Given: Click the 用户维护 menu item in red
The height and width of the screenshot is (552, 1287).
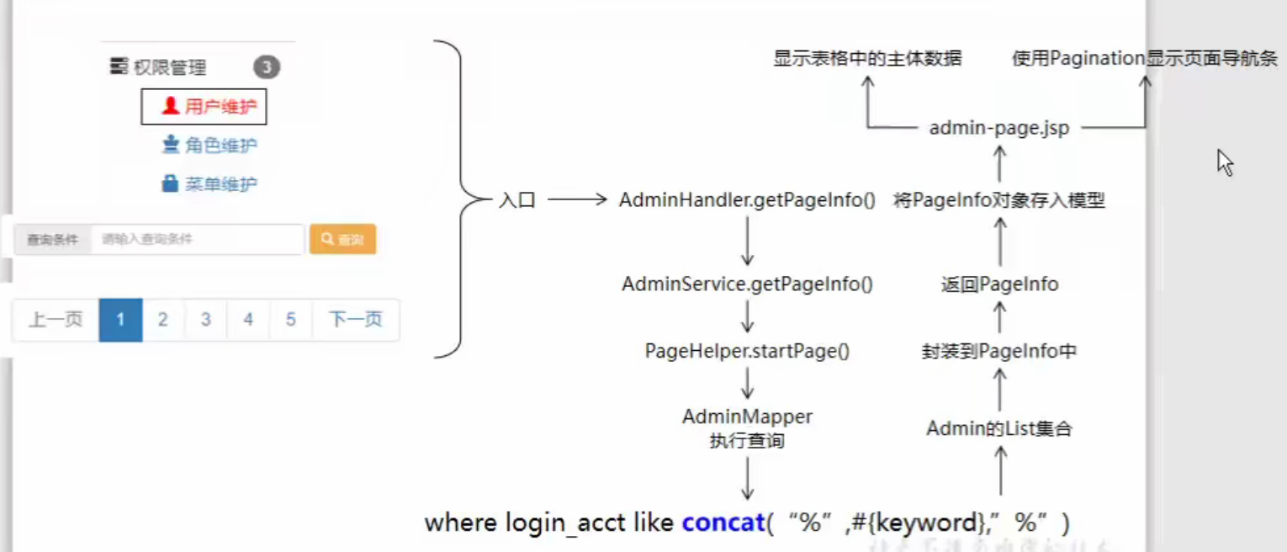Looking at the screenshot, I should (x=204, y=107).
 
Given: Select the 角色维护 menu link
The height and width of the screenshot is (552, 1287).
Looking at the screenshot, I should (x=209, y=146).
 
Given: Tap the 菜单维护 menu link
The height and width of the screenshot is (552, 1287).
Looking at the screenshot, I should (x=209, y=183).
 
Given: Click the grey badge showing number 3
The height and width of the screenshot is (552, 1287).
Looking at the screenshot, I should (x=267, y=67).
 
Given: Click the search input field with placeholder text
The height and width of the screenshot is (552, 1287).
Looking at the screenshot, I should (x=197, y=240).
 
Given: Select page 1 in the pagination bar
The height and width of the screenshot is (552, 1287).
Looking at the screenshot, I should (x=120, y=320).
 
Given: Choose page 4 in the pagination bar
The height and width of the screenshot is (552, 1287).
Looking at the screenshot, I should (x=248, y=320).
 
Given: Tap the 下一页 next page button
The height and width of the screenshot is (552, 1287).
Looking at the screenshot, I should (x=355, y=320).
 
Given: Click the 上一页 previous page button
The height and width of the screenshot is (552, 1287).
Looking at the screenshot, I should (x=56, y=320).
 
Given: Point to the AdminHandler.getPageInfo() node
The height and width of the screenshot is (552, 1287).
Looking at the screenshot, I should (x=747, y=201).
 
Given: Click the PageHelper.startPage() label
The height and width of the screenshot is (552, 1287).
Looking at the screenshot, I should (x=747, y=351).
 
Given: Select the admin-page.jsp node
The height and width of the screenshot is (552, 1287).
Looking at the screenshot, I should (x=999, y=129).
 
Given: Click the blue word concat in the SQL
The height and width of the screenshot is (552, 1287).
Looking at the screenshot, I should (x=723, y=523).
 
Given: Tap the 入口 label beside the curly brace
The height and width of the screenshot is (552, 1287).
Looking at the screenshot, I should (x=517, y=201).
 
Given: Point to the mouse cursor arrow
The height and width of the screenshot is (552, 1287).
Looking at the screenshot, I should (x=1225, y=162).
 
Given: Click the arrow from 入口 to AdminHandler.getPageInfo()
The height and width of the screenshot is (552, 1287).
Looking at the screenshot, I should (x=577, y=200).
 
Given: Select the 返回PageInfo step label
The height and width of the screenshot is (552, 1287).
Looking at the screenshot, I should (x=999, y=284).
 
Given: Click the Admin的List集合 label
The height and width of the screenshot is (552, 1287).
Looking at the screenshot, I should (x=999, y=429).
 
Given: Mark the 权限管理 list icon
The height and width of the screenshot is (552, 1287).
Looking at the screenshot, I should (x=119, y=66).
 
